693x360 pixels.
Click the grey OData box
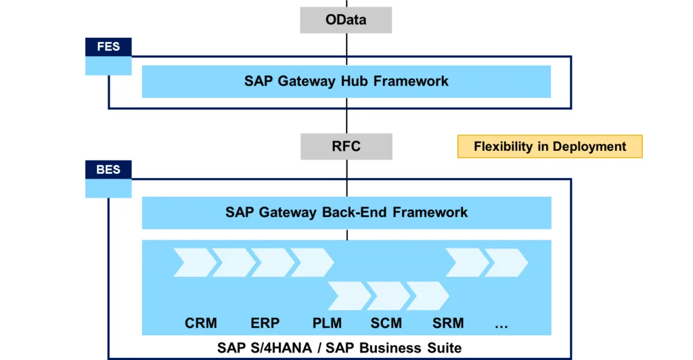(x=346, y=20)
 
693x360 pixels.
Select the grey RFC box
(x=346, y=146)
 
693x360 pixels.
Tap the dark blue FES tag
(x=108, y=47)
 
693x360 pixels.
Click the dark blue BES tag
(x=108, y=170)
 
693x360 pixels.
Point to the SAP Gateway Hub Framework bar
(x=346, y=82)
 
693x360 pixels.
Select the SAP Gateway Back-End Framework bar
(x=346, y=212)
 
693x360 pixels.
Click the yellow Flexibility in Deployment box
(x=550, y=146)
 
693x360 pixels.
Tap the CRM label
(x=200, y=323)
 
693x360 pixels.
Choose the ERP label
(x=265, y=323)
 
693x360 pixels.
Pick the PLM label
(x=327, y=323)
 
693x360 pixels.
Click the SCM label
(x=386, y=323)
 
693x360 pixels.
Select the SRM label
(x=448, y=323)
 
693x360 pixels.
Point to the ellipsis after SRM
(x=501, y=326)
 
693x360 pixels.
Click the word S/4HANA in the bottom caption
(x=281, y=348)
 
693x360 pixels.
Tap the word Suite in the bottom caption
(x=444, y=348)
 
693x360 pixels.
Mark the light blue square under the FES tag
(x=108, y=66)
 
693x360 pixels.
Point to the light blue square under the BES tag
(x=108, y=189)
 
